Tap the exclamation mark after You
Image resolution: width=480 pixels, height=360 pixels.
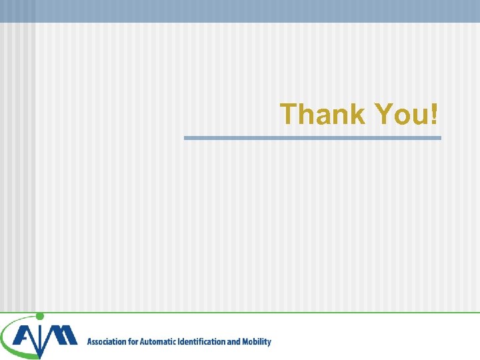click(435, 114)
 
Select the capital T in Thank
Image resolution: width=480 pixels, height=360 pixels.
click(289, 114)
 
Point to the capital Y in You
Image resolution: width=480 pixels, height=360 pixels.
click(385, 114)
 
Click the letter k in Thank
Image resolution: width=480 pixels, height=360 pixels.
click(357, 114)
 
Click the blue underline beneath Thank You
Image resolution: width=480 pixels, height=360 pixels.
click(312, 138)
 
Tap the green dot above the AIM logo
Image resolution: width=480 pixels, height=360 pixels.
click(40, 316)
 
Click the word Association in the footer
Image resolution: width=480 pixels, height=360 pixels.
click(106, 342)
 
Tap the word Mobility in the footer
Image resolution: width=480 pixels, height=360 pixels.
click(256, 342)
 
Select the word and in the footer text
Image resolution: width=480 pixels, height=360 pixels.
click(233, 342)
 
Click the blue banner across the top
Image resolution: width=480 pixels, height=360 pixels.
click(240, 11)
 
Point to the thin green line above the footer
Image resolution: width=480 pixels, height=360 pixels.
click(267, 312)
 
